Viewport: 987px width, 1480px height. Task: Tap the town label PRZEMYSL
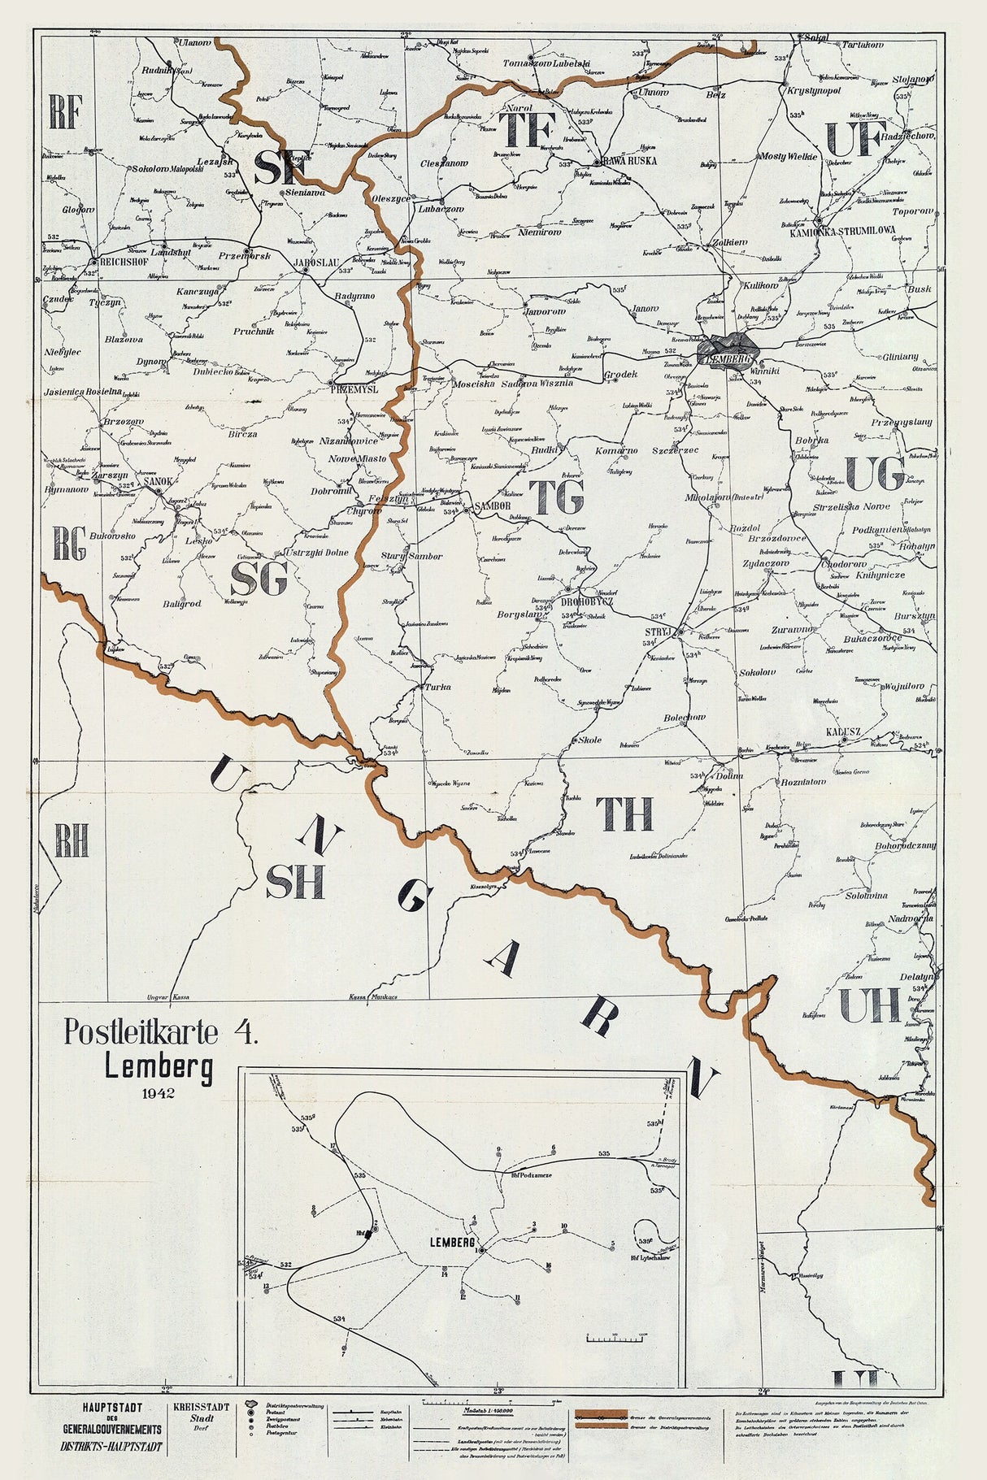click(x=355, y=389)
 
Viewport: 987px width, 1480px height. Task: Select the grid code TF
click(x=527, y=130)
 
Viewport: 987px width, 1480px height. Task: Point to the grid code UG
click(x=874, y=474)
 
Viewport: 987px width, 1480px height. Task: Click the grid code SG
click(x=259, y=579)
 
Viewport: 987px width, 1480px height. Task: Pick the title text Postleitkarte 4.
click(x=161, y=1032)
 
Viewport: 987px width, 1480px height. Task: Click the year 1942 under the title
click(x=158, y=1093)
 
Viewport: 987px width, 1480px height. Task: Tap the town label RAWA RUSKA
click(x=630, y=161)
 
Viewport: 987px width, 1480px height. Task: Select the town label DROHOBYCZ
click(x=587, y=601)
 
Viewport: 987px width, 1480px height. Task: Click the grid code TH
click(x=624, y=813)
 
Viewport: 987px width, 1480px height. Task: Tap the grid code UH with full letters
click(x=869, y=1005)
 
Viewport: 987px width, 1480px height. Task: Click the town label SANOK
click(x=158, y=481)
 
